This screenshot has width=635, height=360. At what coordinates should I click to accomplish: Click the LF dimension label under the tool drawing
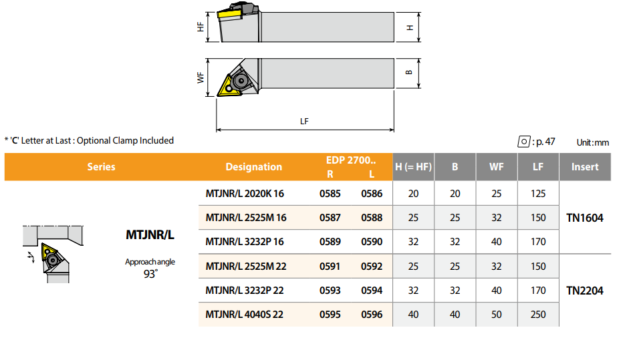click(x=304, y=122)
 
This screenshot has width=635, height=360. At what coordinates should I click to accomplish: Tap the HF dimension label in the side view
click(x=201, y=27)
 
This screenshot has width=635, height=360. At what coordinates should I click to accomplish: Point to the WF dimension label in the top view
click(x=201, y=77)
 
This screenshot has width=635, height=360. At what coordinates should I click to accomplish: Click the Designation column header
click(x=253, y=167)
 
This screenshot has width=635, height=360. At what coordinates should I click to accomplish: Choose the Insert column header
click(x=585, y=167)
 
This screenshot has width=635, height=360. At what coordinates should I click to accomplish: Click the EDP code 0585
click(x=330, y=194)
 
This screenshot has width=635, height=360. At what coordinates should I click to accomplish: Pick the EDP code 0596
click(x=372, y=315)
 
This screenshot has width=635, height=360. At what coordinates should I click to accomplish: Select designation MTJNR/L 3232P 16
click(x=245, y=242)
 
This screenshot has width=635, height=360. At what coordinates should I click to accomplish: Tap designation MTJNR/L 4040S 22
click(x=244, y=315)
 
